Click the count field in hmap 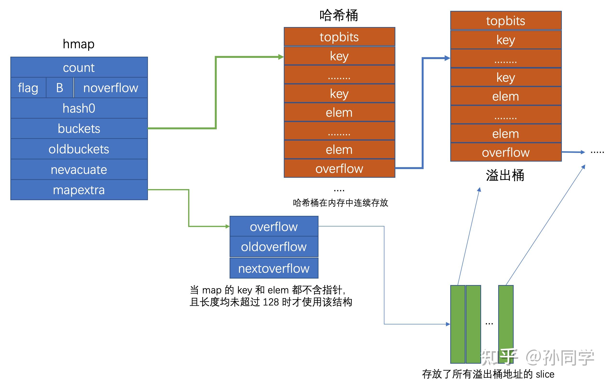79,68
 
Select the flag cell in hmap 28,88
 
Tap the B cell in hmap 60,88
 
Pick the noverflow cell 111,88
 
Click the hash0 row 79,108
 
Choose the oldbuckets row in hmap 79,149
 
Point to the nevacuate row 79,170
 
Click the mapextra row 79,190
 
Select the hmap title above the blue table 79,44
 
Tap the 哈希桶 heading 339,15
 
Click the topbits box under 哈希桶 339,37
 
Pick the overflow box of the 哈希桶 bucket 339,169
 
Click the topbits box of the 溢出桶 505,21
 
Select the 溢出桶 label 505,175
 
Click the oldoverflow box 274,246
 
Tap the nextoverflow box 274,268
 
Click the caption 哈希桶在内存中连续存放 340,203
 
